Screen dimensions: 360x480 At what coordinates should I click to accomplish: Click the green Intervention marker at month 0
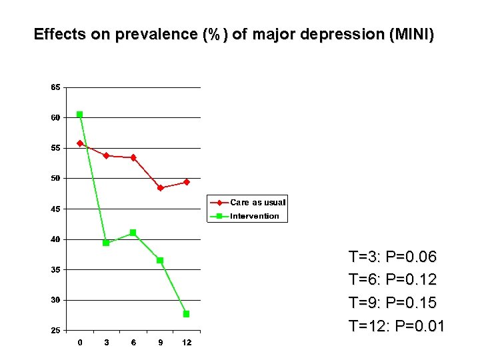tap(80, 115)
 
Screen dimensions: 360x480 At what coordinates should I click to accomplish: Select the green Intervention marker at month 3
tap(106, 243)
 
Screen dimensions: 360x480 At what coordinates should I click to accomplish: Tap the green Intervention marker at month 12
tap(187, 314)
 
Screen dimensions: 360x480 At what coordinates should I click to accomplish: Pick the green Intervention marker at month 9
tap(160, 260)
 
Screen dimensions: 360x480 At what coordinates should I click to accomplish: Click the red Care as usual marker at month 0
tap(80, 143)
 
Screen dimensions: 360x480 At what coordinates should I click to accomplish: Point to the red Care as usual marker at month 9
tap(160, 188)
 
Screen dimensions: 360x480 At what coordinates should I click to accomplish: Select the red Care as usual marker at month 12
tap(187, 182)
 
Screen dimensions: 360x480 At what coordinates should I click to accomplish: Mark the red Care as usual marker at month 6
tap(133, 157)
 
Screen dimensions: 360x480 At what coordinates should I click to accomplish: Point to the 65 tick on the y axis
tap(55, 87)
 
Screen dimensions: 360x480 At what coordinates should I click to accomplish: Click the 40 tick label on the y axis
tap(55, 239)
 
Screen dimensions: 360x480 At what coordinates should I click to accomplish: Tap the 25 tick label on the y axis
tap(55, 331)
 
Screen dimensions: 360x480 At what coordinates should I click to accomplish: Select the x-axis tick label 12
tap(187, 343)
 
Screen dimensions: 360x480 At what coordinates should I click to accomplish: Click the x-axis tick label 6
tap(133, 343)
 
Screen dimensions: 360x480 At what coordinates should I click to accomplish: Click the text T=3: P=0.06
tap(392, 257)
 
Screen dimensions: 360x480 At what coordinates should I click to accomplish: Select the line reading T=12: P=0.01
tap(396, 326)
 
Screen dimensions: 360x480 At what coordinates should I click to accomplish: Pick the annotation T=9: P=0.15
tap(392, 303)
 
